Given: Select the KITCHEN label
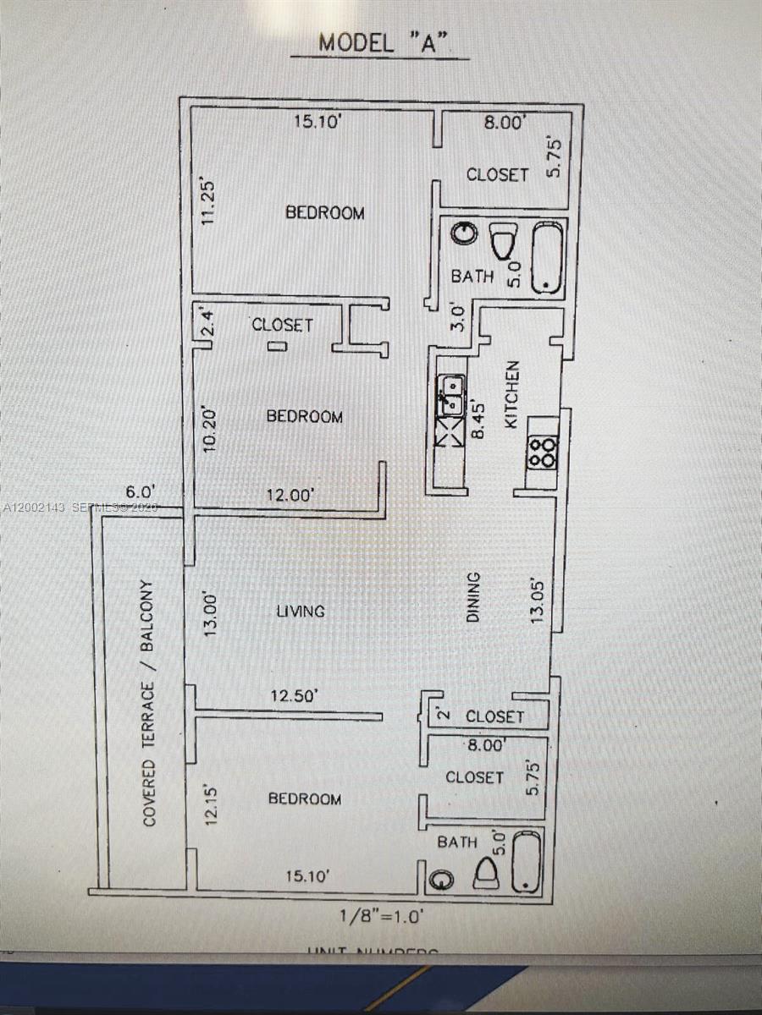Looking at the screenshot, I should point(511,394).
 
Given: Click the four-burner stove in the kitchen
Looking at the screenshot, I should point(543,453).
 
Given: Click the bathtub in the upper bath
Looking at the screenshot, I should point(547,257).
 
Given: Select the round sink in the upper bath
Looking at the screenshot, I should point(465,234).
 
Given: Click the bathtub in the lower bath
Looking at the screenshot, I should point(527,861).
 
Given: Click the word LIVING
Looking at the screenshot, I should point(301,611).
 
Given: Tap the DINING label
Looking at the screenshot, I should point(473,597).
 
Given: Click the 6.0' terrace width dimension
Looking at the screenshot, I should point(140,491).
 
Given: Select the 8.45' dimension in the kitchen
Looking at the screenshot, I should point(479,419).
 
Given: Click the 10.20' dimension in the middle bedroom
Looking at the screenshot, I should point(211,430).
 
